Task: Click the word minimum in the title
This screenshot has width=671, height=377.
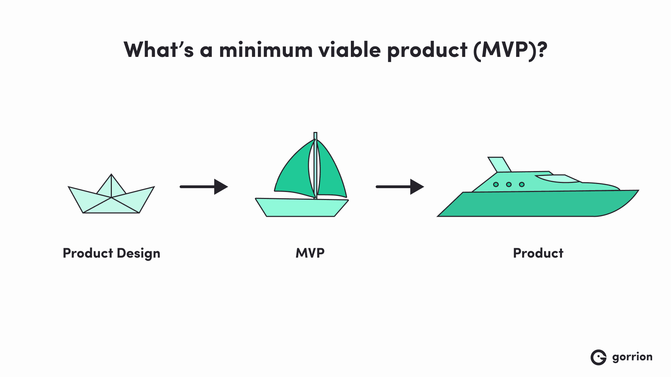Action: coord(266,50)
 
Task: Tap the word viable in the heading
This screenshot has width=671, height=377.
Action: coord(349,50)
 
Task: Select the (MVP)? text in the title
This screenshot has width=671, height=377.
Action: coord(510,50)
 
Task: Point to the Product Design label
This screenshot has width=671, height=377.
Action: coord(111,253)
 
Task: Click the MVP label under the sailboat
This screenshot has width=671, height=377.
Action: coord(310,253)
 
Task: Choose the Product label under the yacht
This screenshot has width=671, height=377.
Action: coord(538,253)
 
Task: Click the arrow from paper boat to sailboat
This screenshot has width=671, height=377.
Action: coord(203,187)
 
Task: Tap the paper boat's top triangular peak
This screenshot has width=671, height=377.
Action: coord(111,185)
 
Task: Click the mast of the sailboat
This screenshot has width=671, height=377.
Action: coord(315,164)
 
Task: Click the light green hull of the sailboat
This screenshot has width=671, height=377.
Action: coord(301,208)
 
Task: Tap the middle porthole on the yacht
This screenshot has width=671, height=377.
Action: coord(509,184)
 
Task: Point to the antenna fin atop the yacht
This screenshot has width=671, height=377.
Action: coord(499,164)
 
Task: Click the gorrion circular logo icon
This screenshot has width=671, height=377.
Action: coord(598,357)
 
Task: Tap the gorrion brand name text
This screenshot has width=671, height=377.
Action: coord(632,357)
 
